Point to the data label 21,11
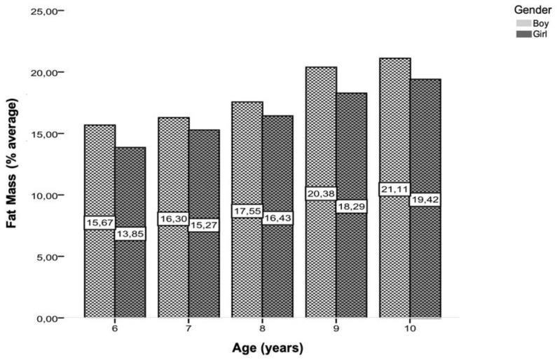pos(394,189)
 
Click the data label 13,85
pos(130,233)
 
